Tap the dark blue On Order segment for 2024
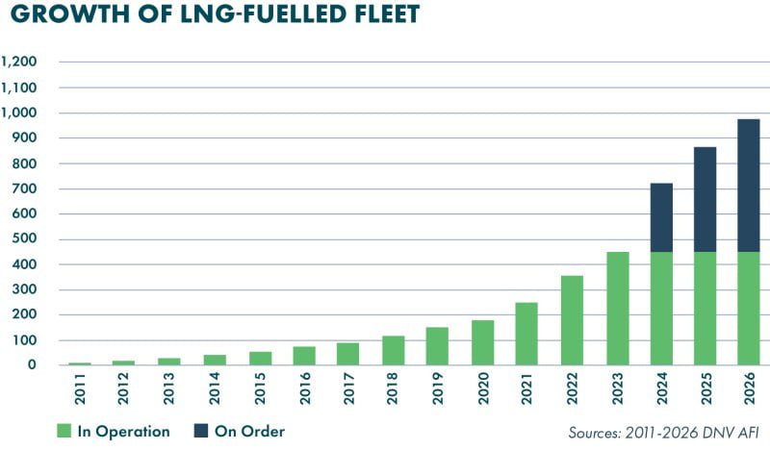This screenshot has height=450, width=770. (661, 217)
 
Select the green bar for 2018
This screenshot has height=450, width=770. (393, 350)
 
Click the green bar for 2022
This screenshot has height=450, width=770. (572, 320)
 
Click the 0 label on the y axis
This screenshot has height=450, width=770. (32, 365)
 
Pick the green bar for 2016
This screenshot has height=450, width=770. (303, 356)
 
